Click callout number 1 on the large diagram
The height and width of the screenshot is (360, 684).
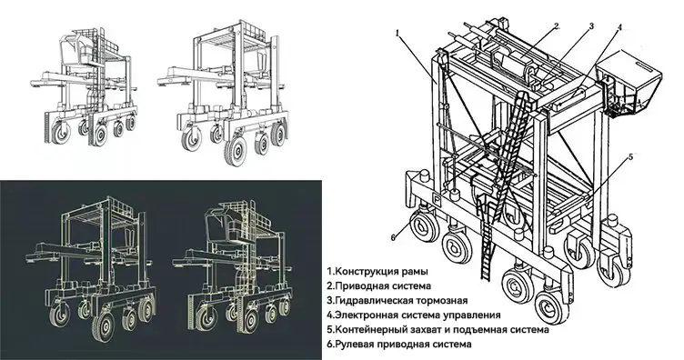[398, 32]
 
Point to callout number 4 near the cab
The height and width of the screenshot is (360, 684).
[619, 27]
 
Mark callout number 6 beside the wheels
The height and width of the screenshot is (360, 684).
[395, 237]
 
